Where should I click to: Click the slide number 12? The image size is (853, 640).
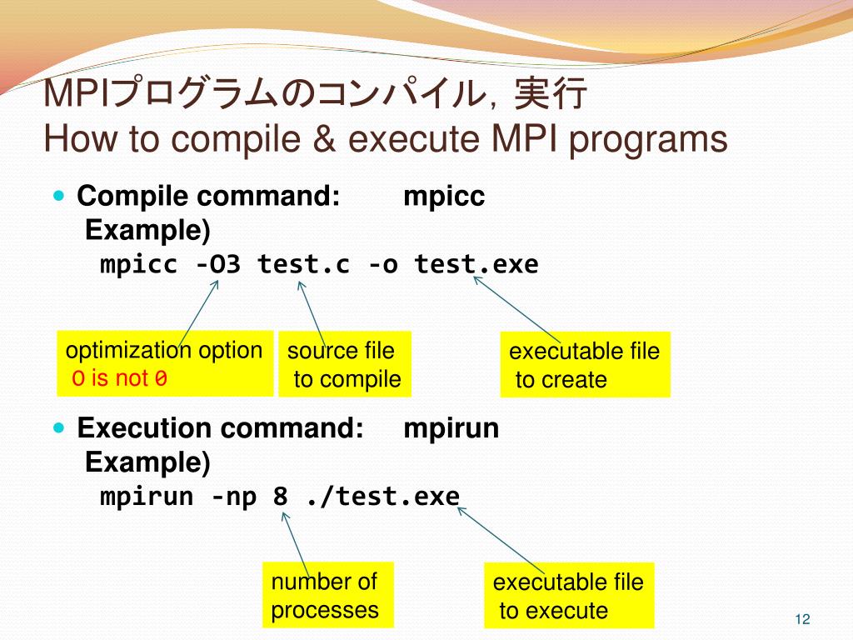point(802,618)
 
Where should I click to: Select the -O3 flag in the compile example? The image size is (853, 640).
point(218,265)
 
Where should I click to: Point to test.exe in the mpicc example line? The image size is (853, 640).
point(476,265)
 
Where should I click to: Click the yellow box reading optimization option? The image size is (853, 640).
point(165,363)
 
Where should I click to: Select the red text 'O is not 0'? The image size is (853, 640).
point(120,379)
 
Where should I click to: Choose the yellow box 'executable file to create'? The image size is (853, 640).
point(584,365)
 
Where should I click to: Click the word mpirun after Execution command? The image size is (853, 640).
point(451,428)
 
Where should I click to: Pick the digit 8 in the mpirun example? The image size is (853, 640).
point(281,497)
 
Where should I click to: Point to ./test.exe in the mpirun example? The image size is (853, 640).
point(382,497)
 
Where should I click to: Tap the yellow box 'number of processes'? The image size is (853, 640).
point(327,595)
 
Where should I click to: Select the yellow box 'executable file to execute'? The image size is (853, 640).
point(568,596)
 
